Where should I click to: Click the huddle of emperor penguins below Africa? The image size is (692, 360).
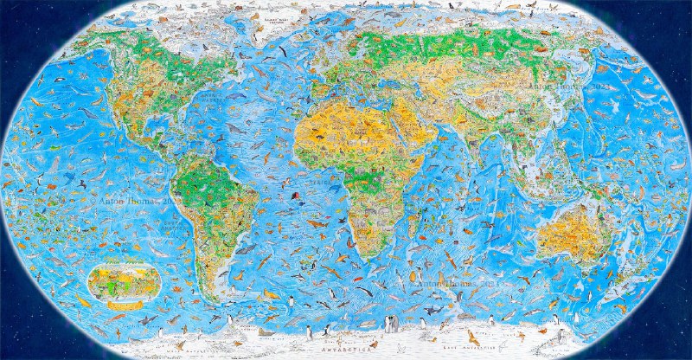[392, 324]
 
